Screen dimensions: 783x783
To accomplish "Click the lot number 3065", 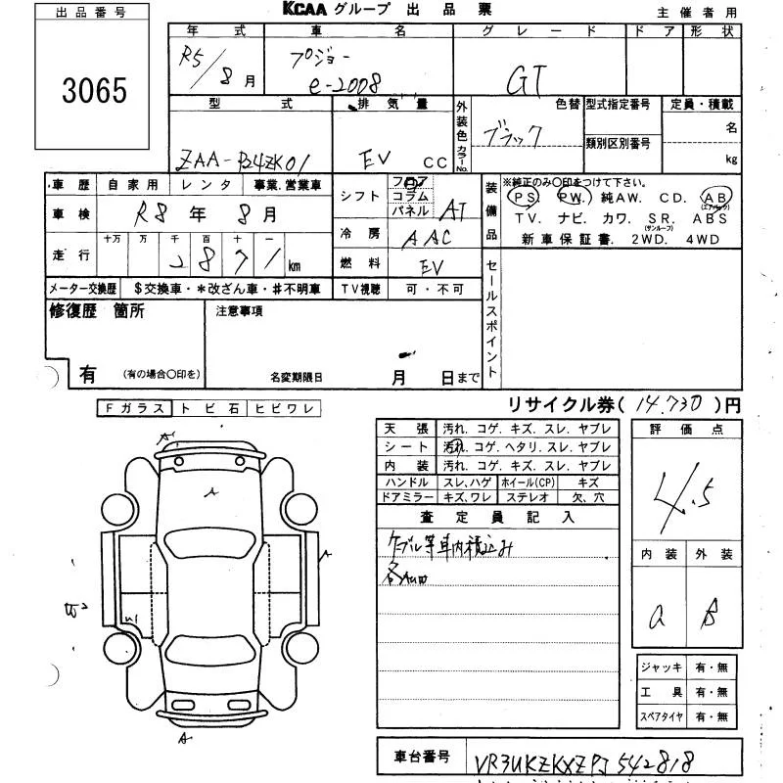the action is click(x=94, y=92).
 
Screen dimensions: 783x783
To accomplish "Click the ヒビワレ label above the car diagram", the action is click(x=282, y=409).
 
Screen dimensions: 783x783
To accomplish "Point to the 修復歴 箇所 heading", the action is click(x=97, y=311).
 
